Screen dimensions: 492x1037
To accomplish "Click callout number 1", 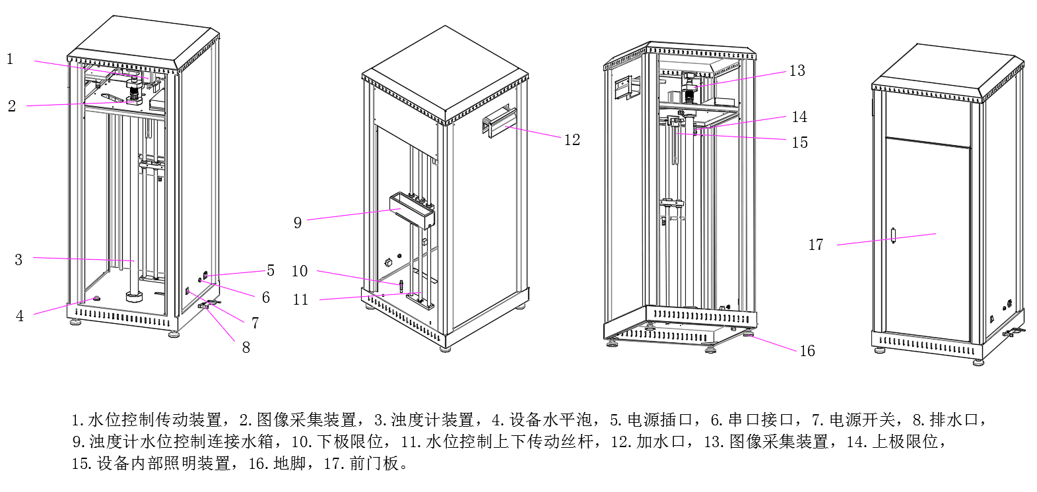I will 10,59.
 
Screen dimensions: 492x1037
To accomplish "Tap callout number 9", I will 298,223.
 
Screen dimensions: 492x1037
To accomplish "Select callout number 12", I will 572,140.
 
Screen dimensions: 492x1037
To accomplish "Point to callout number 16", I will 807,351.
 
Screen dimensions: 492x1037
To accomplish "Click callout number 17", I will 816,245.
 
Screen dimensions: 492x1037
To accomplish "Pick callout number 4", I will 20,316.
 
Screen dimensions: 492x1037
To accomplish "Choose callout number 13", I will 797,71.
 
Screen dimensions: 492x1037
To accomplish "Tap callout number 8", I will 246,348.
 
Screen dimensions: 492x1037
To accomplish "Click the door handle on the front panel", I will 893,235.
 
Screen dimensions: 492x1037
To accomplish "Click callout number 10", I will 300,271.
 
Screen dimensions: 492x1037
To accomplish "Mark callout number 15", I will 799,142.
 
